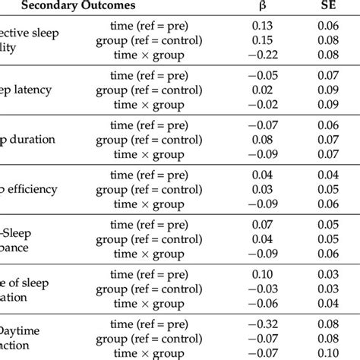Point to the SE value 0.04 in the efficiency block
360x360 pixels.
(330, 175)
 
